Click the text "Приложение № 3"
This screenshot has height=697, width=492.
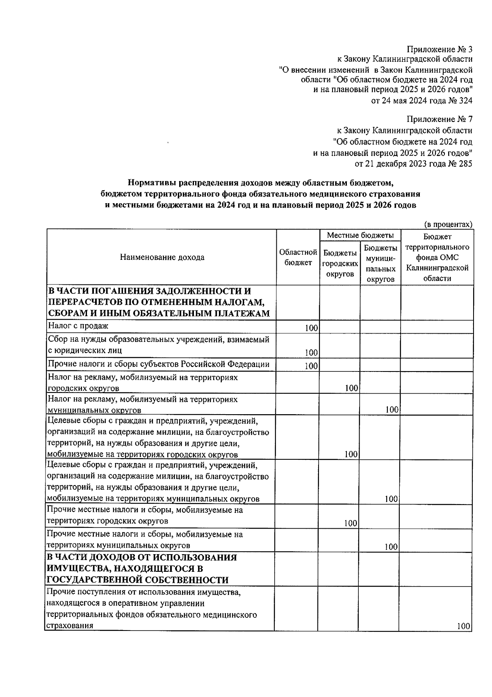tap(439, 49)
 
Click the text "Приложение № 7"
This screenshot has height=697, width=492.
tap(439, 119)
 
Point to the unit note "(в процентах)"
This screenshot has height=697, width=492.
tap(448, 224)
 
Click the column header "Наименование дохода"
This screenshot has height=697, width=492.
tap(162, 257)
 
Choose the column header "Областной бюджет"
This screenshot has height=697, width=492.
tap(298, 257)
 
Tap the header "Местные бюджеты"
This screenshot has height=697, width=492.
tap(360, 235)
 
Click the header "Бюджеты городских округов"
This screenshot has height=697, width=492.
tap(340, 263)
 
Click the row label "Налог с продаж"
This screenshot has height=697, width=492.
tap(78, 326)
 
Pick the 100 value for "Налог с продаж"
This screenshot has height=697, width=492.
tap(312, 328)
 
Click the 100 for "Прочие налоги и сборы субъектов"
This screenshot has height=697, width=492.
tap(312, 366)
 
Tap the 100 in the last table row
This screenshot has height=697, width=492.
tap(464, 638)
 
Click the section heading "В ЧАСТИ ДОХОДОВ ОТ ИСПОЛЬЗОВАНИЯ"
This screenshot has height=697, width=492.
tap(142, 557)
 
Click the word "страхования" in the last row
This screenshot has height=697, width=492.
tap(69, 637)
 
